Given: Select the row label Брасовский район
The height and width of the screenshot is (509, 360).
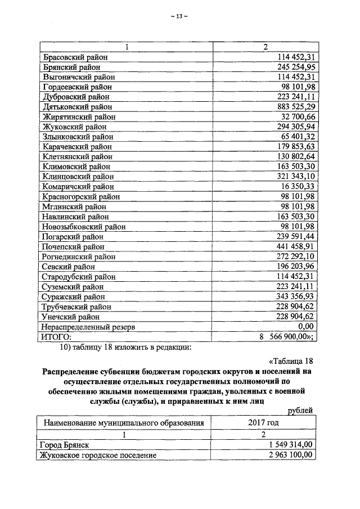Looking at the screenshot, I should (x=75, y=57).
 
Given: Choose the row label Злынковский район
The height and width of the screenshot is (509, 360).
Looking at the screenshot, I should (x=78, y=137).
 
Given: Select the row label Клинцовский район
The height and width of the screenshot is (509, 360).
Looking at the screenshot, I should (x=78, y=177).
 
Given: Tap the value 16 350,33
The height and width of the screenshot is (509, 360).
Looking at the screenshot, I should (x=295, y=187).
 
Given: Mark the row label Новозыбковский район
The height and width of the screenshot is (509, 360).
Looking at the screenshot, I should (x=83, y=227).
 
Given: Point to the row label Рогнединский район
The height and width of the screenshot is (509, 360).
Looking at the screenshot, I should (x=79, y=256).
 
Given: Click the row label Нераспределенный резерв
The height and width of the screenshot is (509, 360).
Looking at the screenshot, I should (x=88, y=327).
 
